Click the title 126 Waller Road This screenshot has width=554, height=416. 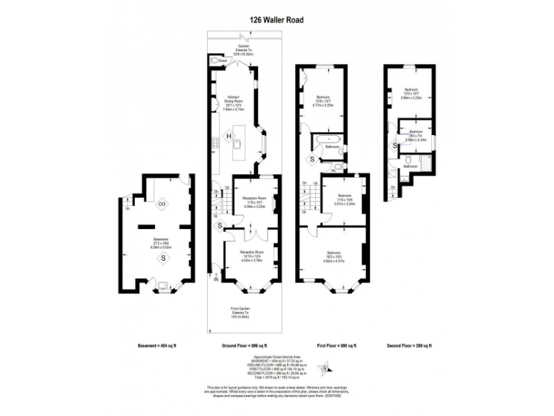(277, 21)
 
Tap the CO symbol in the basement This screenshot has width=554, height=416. (162, 204)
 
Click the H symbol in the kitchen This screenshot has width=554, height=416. (229, 136)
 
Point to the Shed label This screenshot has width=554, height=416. (223, 61)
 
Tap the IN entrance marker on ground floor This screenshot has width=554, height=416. (216, 278)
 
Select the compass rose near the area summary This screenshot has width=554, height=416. (327, 369)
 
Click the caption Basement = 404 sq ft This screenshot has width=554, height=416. (157, 347)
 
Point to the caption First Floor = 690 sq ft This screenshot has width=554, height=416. (336, 347)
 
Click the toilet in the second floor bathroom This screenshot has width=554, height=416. (408, 160)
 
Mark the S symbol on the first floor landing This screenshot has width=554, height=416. (312, 159)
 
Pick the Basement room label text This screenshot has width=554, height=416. (161, 239)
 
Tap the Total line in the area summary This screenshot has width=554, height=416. (276, 379)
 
